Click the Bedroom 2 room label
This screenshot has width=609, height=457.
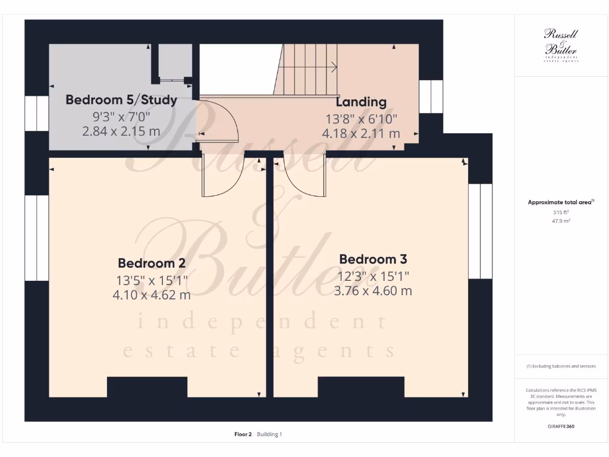click(x=152, y=263)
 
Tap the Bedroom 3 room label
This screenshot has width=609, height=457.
click(x=373, y=259)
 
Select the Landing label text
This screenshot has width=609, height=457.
click(x=361, y=102)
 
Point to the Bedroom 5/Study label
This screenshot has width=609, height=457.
click(x=121, y=99)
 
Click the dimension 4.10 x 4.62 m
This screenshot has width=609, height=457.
click(x=152, y=295)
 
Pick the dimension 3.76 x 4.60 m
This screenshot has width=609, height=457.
click(x=373, y=291)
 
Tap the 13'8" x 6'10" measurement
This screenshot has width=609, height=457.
click(x=361, y=118)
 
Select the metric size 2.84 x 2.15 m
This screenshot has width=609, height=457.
click(x=121, y=131)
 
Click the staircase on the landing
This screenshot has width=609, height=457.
click(x=308, y=70)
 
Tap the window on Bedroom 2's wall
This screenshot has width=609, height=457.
click(x=36, y=238)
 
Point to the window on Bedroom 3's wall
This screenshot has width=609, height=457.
click(x=480, y=231)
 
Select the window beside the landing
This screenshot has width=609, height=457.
click(x=431, y=96)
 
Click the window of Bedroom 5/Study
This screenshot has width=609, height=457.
click(x=36, y=114)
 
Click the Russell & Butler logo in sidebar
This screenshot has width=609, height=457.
click(x=561, y=45)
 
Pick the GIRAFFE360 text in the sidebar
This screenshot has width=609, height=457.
click(x=561, y=427)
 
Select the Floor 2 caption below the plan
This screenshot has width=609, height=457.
click(x=243, y=434)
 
